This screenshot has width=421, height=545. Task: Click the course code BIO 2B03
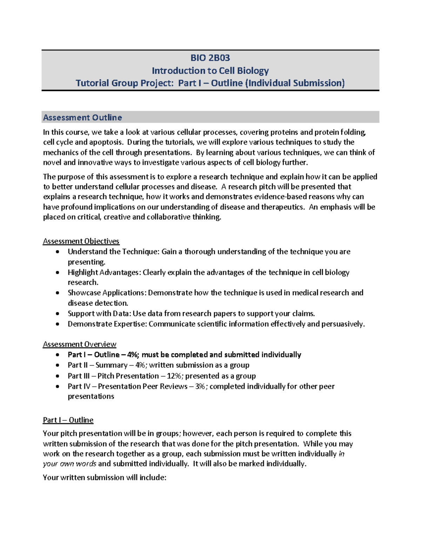210,58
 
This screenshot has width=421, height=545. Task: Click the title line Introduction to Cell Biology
210,71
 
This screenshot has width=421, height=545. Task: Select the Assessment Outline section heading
82,118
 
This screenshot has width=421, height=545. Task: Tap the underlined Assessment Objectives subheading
81,241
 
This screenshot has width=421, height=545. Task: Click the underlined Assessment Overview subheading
80,344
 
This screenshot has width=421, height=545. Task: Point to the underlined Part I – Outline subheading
68,420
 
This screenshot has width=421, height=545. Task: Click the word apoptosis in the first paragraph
106,142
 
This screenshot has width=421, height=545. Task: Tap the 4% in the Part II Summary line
141,365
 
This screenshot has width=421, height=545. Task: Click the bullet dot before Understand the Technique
58,252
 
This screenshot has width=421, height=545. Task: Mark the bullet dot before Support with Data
58,314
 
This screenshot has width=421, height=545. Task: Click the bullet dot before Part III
58,376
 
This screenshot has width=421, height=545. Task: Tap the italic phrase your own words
69,464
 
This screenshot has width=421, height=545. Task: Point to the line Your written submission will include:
105,477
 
